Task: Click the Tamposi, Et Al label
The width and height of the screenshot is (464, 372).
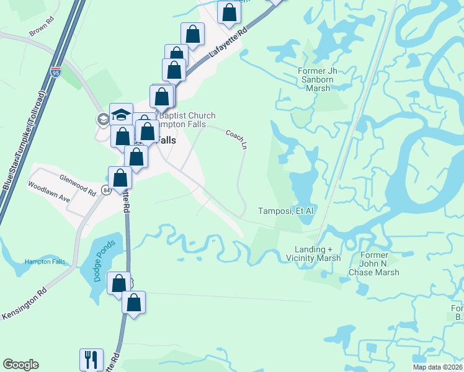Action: (x=286, y=211)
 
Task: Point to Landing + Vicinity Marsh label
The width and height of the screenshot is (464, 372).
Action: (x=317, y=254)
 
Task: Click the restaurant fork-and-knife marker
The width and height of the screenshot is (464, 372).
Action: (x=91, y=359)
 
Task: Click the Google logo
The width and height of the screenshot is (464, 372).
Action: (x=20, y=365)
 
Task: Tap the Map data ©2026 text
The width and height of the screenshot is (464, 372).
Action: (x=437, y=367)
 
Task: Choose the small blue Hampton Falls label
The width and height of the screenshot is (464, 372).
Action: (x=45, y=262)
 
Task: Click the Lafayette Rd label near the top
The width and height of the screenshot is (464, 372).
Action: (x=228, y=43)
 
